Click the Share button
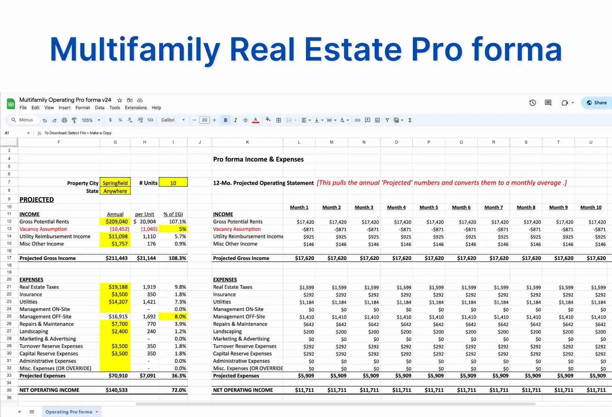[x=597, y=103]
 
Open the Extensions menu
[x=136, y=108]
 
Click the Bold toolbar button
[x=225, y=120]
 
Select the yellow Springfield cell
[x=115, y=183]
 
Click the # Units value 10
[x=173, y=183]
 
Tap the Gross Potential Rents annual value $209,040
[x=117, y=221]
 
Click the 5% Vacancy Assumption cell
[x=173, y=229]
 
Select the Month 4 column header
[x=396, y=207]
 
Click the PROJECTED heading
[x=37, y=200]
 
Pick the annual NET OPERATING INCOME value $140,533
[x=117, y=390]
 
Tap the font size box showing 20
[x=204, y=120]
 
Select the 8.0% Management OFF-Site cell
[x=173, y=316]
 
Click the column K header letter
[x=247, y=142]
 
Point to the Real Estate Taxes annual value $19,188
[x=118, y=287]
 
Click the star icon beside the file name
[x=120, y=100]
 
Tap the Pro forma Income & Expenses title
[x=258, y=159]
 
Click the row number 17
[x=9, y=258]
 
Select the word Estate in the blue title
[x=353, y=49]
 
